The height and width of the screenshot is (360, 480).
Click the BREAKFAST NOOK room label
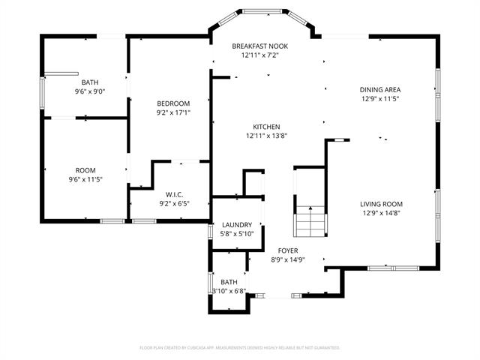tap(259, 46)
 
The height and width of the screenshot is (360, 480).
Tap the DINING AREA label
tap(382, 89)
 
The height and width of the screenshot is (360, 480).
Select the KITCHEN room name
tap(266, 127)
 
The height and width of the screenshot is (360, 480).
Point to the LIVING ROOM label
tap(382, 204)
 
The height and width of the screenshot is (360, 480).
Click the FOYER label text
tap(288, 250)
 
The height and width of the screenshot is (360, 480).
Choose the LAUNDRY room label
tap(236, 225)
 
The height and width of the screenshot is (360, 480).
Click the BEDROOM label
tap(172, 103)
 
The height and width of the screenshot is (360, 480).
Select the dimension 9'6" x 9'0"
tap(89, 91)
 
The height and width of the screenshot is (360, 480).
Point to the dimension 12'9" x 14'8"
tap(382, 213)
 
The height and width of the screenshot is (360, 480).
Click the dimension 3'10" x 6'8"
tap(229, 291)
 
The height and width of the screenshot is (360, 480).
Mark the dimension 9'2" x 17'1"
tap(172, 112)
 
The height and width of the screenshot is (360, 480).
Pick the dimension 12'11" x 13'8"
tap(266, 136)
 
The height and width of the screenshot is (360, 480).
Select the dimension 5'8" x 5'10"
tap(236, 234)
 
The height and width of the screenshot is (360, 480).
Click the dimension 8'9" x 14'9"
tap(288, 259)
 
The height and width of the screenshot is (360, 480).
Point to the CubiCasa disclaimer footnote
tap(240, 348)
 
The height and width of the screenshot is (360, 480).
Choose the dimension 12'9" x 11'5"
tap(382, 98)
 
